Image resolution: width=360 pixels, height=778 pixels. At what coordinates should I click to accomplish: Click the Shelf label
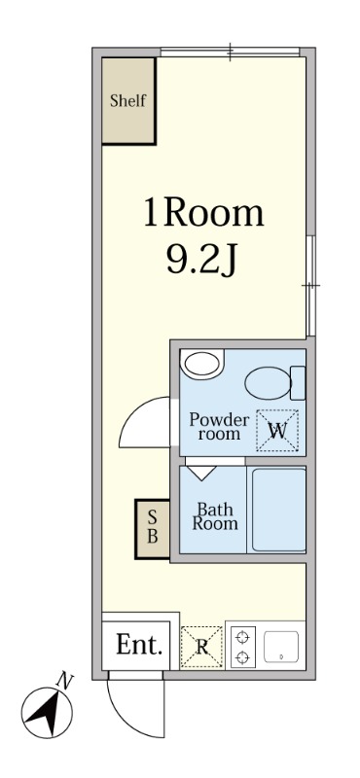click(x=128, y=101)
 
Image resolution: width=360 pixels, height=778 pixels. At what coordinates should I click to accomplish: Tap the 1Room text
click(x=203, y=212)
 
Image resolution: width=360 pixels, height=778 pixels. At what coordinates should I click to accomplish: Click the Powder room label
click(x=219, y=427)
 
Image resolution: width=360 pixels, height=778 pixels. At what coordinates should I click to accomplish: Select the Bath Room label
click(x=215, y=516)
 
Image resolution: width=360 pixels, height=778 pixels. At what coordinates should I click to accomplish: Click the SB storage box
click(x=153, y=529)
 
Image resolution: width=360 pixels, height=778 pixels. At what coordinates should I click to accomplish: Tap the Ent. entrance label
click(x=139, y=645)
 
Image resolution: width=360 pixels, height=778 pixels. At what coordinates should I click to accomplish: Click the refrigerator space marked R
click(x=201, y=647)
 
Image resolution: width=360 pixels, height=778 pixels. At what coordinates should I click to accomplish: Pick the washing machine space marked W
click(x=277, y=431)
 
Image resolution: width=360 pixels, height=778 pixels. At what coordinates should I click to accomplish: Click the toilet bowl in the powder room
click(x=268, y=382)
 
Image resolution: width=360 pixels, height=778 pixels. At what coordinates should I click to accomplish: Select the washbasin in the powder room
click(x=201, y=364)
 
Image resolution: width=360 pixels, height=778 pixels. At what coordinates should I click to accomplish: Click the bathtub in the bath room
click(x=278, y=510)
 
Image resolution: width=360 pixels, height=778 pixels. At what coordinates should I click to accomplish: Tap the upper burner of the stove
click(x=243, y=637)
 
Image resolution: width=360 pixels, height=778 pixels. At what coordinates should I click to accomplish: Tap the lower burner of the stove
click(x=243, y=658)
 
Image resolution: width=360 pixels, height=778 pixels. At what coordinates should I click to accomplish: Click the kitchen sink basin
click(x=281, y=647)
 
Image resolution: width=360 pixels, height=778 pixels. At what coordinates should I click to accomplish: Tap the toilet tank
click(x=298, y=382)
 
